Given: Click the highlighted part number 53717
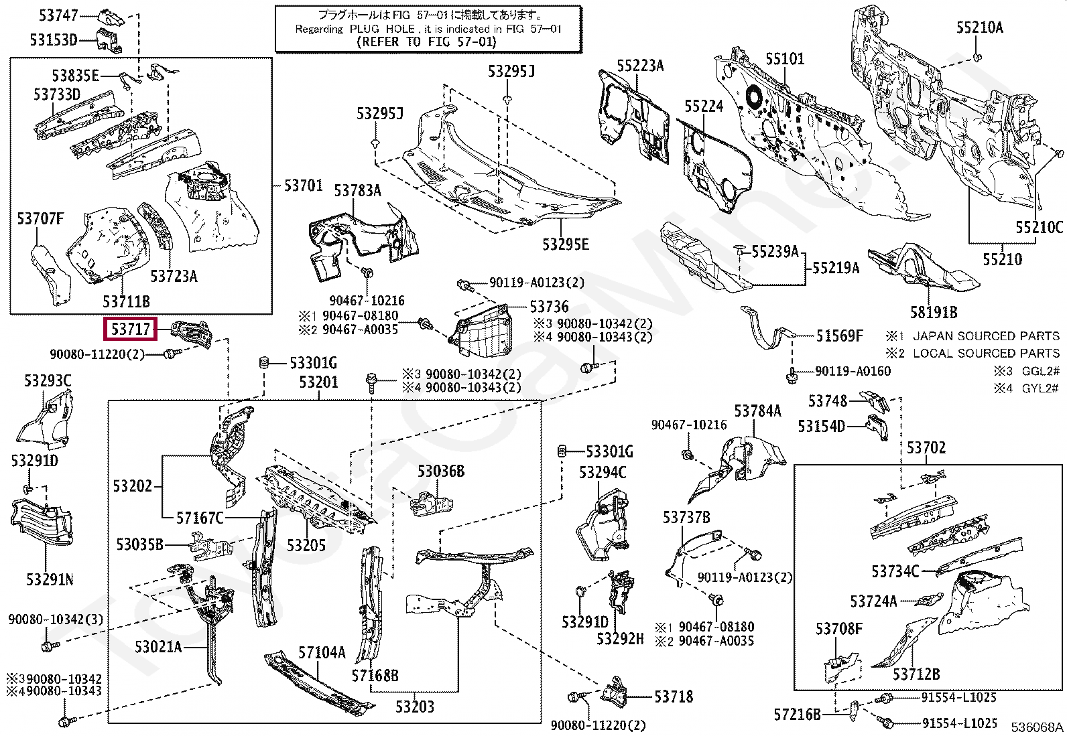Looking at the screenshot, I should [x=131, y=329].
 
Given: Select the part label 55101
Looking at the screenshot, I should [x=785, y=59].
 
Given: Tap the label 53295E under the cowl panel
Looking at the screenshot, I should [x=565, y=244].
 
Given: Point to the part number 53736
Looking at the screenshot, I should [x=549, y=307].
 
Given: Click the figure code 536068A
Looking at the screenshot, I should [x=1037, y=727].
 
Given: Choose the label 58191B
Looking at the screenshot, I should [x=934, y=312].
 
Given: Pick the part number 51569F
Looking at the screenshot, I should [x=839, y=336].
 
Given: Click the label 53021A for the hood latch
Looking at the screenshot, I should [x=158, y=647].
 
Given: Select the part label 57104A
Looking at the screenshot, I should [x=322, y=652].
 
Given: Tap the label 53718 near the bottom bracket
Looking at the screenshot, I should [x=674, y=697].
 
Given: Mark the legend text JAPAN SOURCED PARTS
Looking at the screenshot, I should [x=986, y=336].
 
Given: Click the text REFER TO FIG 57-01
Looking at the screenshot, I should [x=428, y=42].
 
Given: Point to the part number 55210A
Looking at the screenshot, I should [x=979, y=27].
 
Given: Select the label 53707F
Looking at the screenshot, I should [x=40, y=219].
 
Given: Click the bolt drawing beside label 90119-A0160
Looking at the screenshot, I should [x=792, y=376].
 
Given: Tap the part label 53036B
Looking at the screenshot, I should [x=440, y=471].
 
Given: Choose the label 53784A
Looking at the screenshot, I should [x=757, y=411].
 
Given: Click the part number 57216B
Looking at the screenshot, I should [x=797, y=715].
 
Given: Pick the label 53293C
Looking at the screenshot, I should [x=48, y=381].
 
